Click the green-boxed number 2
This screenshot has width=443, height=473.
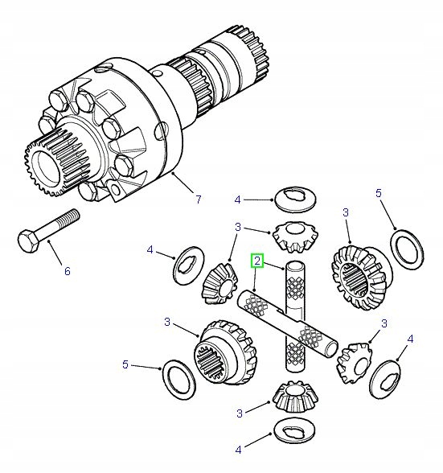[256, 260]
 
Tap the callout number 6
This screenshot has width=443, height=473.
[67, 272]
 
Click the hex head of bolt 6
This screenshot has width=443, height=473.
[26, 240]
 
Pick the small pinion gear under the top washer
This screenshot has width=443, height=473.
[291, 235]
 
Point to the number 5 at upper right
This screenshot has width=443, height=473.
[379, 193]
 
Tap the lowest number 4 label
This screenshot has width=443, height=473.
[238, 450]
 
